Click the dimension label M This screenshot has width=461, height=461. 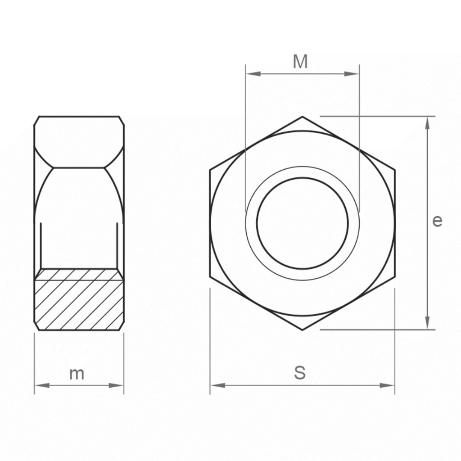(300, 62)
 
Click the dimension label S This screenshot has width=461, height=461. (300, 373)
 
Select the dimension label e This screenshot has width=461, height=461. (437, 221)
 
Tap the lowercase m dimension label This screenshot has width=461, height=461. (77, 374)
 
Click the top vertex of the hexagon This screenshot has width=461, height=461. (302, 117)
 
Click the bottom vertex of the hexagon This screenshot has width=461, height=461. (302, 330)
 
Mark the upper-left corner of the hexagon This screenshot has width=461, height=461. (210, 170)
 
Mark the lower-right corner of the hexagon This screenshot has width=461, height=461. (395, 276)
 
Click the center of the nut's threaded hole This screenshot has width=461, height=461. (303, 223)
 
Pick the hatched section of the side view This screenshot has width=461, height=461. (79, 299)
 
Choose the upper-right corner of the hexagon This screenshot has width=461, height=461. (395, 170)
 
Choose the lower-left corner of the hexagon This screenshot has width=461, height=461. (210, 276)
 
